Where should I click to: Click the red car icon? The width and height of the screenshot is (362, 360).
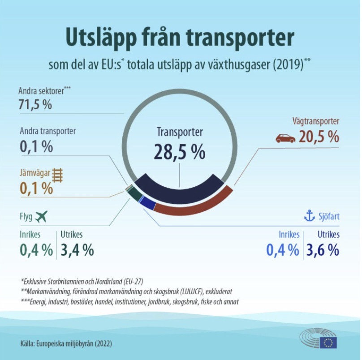285,138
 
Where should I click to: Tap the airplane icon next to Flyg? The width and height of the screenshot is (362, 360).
40,217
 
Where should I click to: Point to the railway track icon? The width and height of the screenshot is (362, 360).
57,174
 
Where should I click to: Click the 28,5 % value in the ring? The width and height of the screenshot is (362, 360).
180,152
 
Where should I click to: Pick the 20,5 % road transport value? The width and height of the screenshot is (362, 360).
319,137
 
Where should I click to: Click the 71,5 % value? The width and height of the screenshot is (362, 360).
35,106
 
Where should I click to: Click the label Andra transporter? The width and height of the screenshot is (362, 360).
47,131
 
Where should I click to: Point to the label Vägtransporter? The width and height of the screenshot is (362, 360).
316,121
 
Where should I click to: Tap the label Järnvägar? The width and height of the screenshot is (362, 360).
34,172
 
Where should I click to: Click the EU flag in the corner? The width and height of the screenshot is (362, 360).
329,343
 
